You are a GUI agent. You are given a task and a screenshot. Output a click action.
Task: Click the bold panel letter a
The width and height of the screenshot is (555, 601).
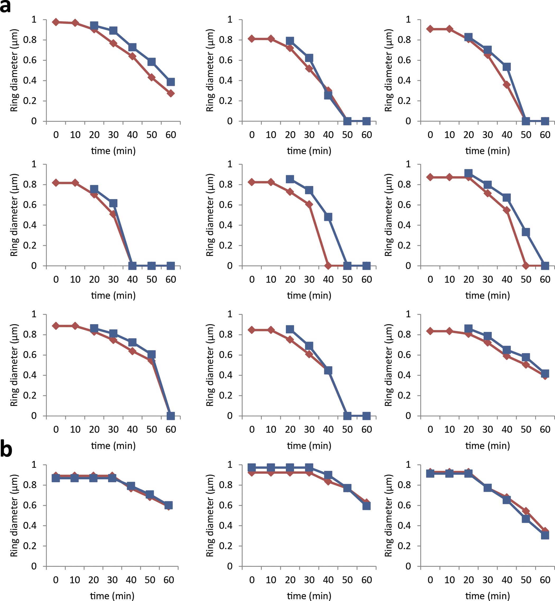click(x=5, y=7)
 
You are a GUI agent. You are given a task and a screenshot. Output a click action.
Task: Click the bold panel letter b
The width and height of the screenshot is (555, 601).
click(x=6, y=449)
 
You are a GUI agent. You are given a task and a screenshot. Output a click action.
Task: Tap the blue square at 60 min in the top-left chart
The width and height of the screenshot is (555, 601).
click(x=170, y=82)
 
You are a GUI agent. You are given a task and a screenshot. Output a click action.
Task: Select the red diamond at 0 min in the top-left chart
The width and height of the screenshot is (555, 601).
click(x=56, y=22)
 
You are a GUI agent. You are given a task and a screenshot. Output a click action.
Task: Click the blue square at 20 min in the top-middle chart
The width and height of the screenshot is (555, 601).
click(x=290, y=41)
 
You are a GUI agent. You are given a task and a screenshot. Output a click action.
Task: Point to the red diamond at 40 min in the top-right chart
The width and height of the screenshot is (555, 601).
click(x=507, y=84)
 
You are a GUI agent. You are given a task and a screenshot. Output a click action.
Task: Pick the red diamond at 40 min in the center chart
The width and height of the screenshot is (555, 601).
click(x=328, y=266)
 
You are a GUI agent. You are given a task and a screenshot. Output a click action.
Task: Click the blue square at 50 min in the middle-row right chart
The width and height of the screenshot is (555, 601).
click(x=526, y=232)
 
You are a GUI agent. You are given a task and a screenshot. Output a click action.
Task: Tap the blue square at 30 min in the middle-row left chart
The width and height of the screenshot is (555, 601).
click(x=113, y=203)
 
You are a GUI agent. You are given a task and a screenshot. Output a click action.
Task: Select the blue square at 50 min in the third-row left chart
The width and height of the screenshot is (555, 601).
click(x=151, y=355)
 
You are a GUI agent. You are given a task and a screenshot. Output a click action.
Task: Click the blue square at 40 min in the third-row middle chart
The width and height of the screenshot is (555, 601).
click(x=328, y=370)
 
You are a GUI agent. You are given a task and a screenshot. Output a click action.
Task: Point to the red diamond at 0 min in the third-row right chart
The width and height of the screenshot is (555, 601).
click(x=430, y=331)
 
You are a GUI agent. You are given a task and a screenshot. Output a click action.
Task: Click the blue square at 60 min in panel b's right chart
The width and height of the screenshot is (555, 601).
click(x=545, y=535)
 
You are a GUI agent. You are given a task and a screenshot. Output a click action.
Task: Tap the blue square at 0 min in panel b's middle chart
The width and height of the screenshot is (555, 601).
click(x=252, y=467)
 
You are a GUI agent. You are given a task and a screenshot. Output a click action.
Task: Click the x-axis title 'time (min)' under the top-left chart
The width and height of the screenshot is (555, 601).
click(x=113, y=151)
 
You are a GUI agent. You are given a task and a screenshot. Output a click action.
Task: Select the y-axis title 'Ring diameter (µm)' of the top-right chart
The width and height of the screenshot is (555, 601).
click(x=388, y=70)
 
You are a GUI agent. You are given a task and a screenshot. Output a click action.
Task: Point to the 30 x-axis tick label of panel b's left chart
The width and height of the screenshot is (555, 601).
click(x=112, y=580)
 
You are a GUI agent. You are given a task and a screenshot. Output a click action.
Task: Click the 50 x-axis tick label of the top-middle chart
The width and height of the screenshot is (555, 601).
click(x=347, y=135)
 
